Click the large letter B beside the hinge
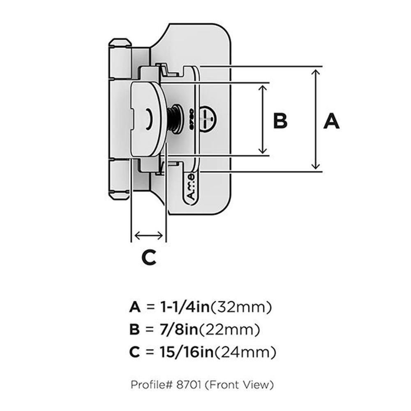point(280,121)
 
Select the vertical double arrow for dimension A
point(316,119)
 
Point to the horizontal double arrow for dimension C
point(148,236)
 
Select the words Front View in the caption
point(240,385)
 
